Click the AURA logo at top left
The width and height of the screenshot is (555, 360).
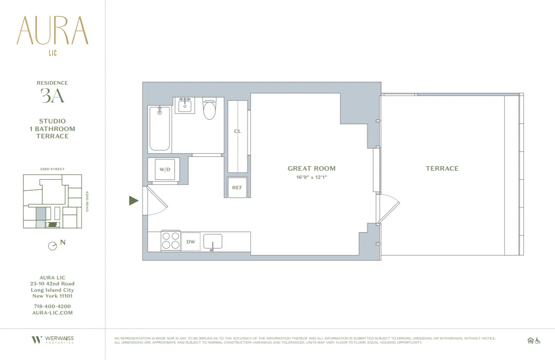52,31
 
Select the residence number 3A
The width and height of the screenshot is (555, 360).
52,96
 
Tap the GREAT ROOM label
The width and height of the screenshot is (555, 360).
311,168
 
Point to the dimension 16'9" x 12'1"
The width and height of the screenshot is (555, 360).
311,177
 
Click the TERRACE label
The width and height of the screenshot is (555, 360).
442,168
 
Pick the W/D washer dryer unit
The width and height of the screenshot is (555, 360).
165,170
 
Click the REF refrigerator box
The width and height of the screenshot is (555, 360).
237,188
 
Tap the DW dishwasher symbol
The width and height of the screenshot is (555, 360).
191,242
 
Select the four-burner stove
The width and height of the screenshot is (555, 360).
171,241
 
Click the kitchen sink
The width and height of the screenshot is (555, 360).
212,242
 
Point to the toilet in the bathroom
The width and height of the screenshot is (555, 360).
209,109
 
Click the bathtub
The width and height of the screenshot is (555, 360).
159,129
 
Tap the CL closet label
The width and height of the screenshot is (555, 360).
237,131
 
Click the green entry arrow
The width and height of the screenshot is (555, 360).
133,201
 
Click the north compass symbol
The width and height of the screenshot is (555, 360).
53,246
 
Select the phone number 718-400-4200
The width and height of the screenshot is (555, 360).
52,306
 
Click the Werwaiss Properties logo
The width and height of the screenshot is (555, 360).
52,340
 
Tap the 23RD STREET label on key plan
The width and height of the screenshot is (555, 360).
52,169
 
